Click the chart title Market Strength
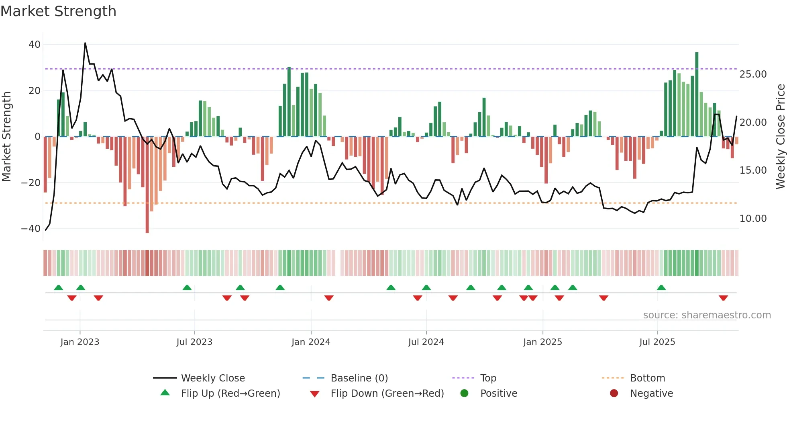58,11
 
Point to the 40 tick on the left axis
35,45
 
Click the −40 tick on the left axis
31,229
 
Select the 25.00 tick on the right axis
753,74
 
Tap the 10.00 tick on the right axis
753,219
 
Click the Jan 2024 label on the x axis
311,342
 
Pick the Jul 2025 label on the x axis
657,342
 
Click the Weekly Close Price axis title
780,137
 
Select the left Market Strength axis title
7,137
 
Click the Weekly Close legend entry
212,378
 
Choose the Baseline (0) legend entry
359,378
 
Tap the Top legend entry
488,378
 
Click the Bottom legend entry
647,378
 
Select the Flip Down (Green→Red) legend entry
387,394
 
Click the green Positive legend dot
464,394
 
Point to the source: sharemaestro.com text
707,315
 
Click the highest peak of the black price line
85,43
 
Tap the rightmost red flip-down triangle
723,298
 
